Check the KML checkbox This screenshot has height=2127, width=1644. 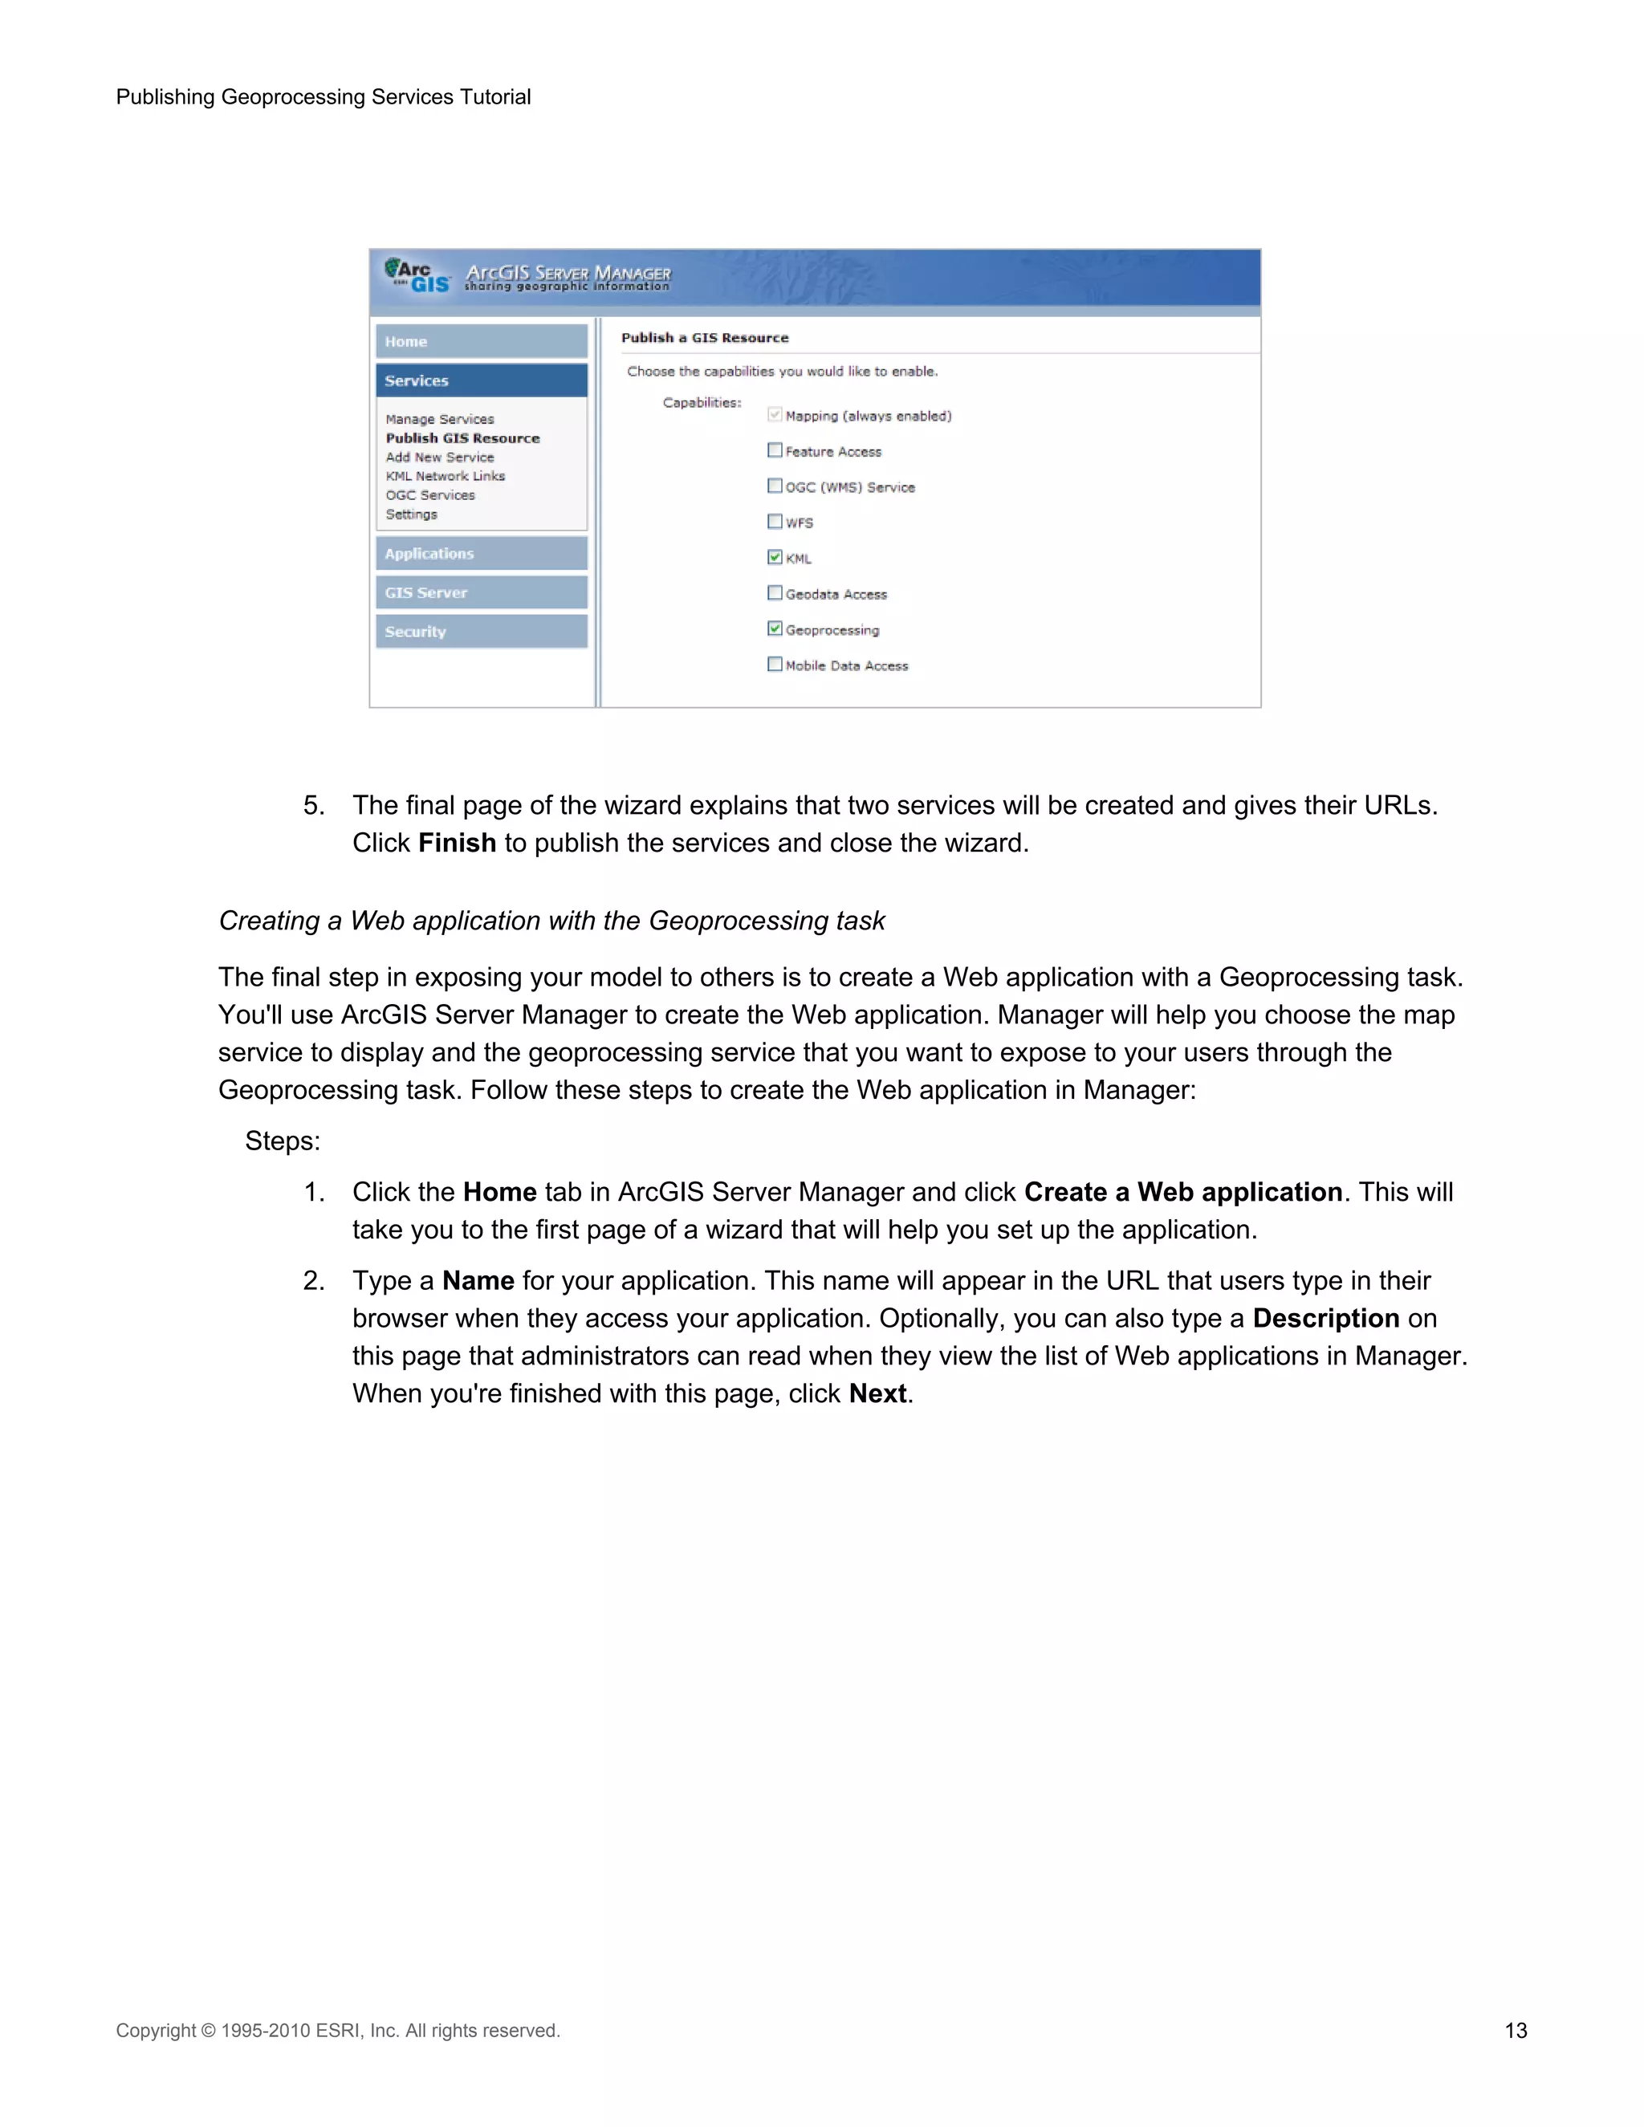click(775, 557)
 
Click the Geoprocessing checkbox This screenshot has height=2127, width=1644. click(775, 628)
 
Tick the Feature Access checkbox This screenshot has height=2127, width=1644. click(775, 450)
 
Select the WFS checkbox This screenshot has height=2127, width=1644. click(775, 521)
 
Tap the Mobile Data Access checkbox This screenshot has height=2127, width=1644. click(775, 665)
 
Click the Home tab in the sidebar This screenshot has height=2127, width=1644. click(481, 342)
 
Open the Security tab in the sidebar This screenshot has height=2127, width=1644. click(481, 631)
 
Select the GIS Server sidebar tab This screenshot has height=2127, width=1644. click(481, 592)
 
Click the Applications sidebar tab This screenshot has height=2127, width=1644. click(481, 553)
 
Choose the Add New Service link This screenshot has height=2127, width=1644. click(439, 457)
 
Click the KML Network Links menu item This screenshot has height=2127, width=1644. click(445, 476)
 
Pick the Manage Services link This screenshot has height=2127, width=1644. click(439, 419)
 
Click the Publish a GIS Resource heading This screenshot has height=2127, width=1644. click(704, 338)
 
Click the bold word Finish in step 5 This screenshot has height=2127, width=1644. click(457, 843)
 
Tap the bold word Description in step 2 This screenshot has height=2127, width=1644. click(1325, 1318)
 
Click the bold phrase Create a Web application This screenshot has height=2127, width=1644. click(1182, 1192)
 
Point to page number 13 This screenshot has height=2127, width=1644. click(1515, 2031)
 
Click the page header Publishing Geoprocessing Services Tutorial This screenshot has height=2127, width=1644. click(324, 97)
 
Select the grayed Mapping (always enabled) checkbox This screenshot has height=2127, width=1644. click(775, 415)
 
